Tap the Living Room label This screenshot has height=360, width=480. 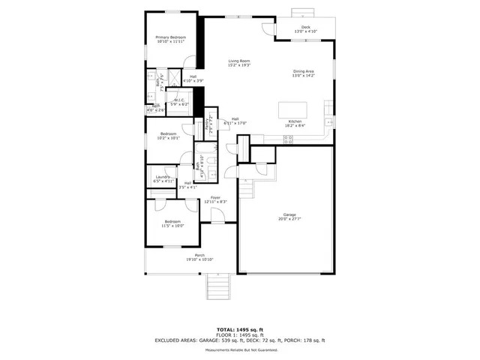pos(239,63)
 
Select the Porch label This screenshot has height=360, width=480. pos(199,257)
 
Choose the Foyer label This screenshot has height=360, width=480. pos(215,199)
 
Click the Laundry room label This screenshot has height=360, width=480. pos(163,178)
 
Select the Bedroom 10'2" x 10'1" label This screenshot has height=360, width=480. pos(168,136)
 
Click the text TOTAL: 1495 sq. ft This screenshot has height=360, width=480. pos(239,329)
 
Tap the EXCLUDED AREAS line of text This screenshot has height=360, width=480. pos(239,340)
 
